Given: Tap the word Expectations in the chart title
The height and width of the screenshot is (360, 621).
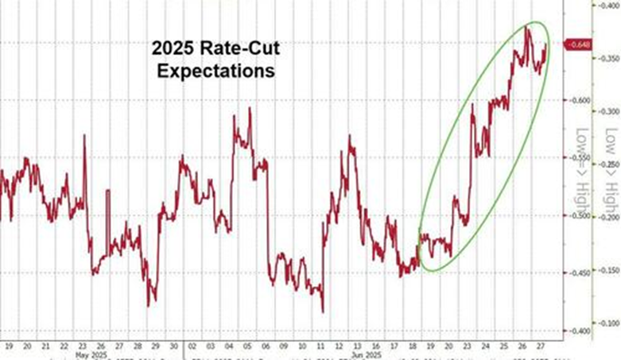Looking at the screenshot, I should coord(216,71).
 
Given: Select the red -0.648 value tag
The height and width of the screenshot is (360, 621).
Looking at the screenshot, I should coord(580,45).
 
